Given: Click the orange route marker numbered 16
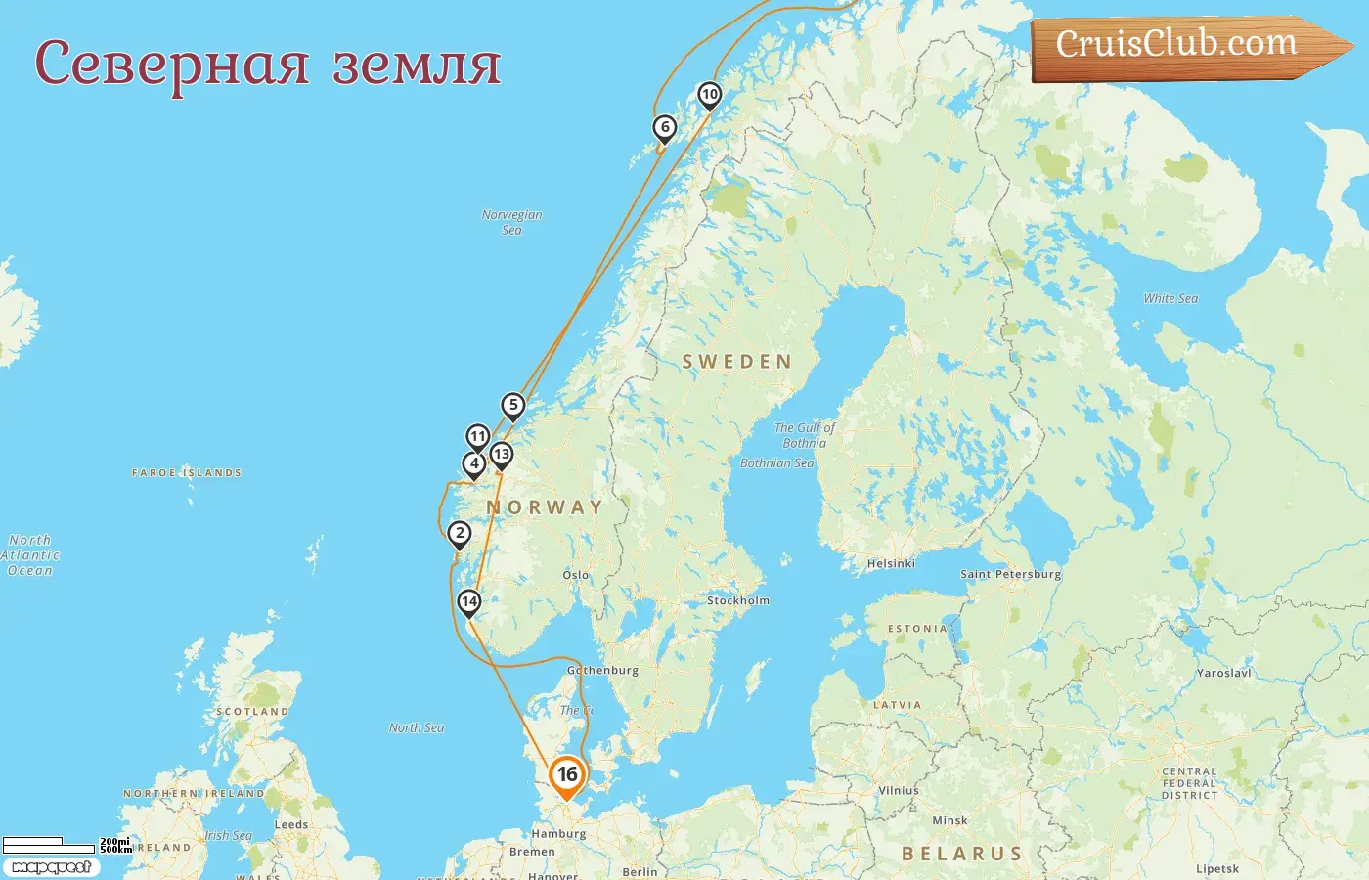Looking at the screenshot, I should click(x=567, y=775).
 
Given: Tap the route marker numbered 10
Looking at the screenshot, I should click(x=709, y=95).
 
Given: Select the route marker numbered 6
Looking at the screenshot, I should click(x=665, y=127).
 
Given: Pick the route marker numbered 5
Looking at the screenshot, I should click(x=513, y=405).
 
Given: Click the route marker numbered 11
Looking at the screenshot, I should click(x=477, y=436).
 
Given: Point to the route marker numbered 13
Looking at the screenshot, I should click(x=502, y=454).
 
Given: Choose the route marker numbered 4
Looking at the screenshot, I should click(x=474, y=463).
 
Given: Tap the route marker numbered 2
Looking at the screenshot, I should click(x=460, y=533).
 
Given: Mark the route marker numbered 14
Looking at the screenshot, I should click(x=469, y=601).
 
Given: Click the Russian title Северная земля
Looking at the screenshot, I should click(x=268, y=65).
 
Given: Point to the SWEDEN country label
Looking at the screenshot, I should click(x=736, y=362).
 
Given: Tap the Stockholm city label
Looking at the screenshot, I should click(x=738, y=600).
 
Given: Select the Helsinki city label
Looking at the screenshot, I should click(x=891, y=563).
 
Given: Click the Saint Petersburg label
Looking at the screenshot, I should click(x=1010, y=574).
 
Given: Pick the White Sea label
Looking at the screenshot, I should click(x=1170, y=298).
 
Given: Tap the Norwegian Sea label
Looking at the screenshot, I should click(x=511, y=222).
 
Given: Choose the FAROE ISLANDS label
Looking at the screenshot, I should click(x=187, y=472).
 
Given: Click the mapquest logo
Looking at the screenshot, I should click(x=51, y=867).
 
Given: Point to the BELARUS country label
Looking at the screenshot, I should click(x=961, y=854).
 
